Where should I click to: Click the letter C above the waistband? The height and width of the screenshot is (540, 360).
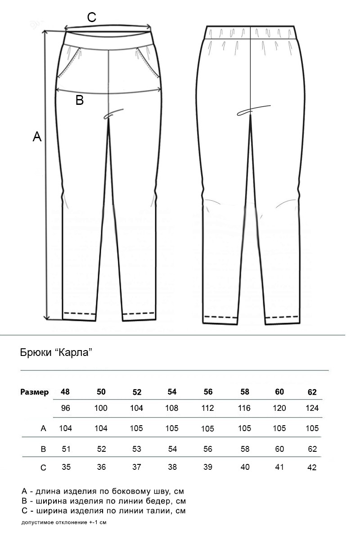click(91, 18)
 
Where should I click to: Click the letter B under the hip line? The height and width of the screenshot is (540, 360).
click(80, 100)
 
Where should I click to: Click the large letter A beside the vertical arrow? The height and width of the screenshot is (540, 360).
click(37, 137)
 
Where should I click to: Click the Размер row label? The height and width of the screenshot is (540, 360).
click(35, 392)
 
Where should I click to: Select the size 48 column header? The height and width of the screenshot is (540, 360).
click(65, 391)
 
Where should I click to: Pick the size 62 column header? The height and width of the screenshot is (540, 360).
click(312, 392)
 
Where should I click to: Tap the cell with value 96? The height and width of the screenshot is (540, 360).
click(65, 408)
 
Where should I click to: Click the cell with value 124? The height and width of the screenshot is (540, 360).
click(312, 408)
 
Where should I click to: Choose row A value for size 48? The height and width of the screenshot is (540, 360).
click(66, 428)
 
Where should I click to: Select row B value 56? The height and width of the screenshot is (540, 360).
click(208, 449)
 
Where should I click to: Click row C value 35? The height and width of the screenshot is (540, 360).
click(66, 467)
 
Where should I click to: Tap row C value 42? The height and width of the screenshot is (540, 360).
click(312, 467)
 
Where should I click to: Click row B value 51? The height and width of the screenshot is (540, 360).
click(66, 449)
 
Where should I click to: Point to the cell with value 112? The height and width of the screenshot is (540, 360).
click(208, 408)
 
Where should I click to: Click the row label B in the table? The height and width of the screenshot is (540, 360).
click(44, 449)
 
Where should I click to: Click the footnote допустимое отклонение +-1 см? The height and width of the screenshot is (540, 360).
click(63, 522)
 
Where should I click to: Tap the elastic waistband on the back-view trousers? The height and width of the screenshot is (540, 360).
click(252, 33)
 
